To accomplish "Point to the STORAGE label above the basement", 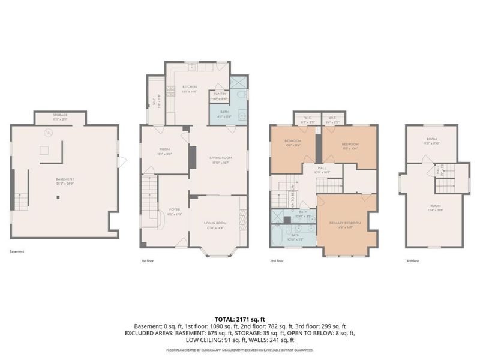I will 59,114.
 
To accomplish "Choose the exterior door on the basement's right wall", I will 123,161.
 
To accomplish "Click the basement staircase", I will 21,197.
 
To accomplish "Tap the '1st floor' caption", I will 148,261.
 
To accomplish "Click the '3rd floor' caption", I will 413,261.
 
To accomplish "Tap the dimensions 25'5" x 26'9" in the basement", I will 65,183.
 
